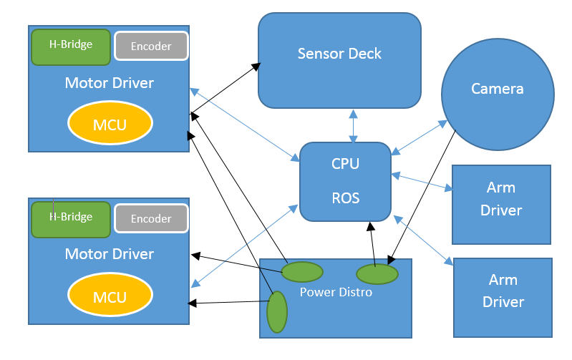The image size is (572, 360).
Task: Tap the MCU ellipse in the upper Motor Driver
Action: click(110, 125)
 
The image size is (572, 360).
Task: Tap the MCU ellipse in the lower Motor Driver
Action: click(110, 296)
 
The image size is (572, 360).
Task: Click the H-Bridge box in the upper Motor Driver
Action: click(71, 45)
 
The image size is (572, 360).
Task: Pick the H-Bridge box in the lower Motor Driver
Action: click(71, 218)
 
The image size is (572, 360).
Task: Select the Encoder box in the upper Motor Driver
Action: click(151, 47)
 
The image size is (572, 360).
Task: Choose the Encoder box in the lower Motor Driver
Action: click(151, 219)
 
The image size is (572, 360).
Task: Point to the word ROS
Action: click(345, 198)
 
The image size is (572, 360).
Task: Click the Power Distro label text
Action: click(335, 292)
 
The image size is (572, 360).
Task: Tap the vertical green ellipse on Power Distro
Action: click(276, 312)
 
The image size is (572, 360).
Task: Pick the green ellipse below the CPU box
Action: click(377, 273)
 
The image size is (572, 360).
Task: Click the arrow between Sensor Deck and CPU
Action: click(352, 126)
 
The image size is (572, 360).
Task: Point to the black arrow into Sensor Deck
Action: click(226, 89)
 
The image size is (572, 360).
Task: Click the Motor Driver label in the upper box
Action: click(109, 83)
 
